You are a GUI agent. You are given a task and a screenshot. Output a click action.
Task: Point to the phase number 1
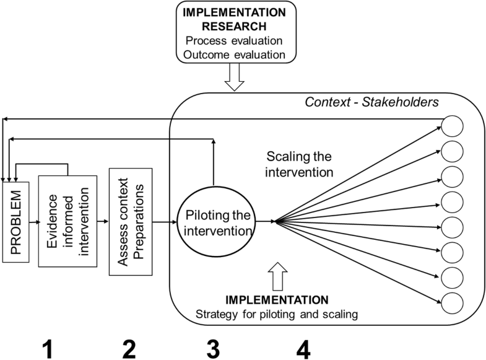point(48,349)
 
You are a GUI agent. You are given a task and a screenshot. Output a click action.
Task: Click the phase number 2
point(129,349)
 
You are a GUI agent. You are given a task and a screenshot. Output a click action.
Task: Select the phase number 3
point(213,349)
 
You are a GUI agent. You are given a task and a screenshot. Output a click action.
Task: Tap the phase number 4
point(303,349)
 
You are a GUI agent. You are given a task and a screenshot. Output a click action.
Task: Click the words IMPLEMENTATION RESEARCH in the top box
point(234,19)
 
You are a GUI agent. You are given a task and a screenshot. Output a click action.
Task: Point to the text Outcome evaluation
point(234,55)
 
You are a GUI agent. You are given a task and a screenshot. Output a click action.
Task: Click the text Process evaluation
point(234,41)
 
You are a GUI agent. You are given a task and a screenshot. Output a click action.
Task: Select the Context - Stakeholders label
point(372,102)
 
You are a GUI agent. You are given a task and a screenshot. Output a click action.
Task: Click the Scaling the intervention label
point(299,164)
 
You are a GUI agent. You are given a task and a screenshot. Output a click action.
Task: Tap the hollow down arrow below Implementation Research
point(234,77)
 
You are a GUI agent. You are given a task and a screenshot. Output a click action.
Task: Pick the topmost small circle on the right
point(452,126)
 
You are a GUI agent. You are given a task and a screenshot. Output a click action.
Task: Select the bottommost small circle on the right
point(452,303)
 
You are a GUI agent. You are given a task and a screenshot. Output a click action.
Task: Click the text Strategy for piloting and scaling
point(277,314)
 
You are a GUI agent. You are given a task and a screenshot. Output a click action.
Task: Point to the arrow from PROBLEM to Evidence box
point(35,222)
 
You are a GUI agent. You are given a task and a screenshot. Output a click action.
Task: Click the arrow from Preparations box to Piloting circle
point(165,222)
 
